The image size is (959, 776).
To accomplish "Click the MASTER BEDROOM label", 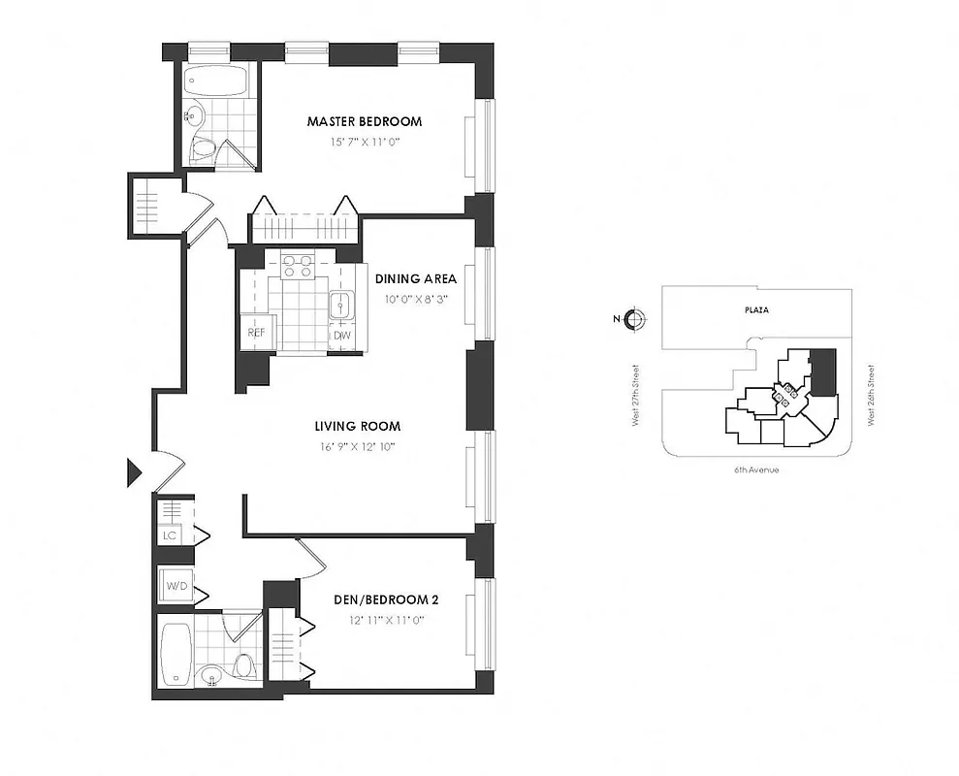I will (365, 122).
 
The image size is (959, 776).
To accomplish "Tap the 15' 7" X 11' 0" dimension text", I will (365, 142).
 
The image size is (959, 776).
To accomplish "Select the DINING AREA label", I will (416, 278).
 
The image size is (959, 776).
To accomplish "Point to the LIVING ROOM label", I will (357, 426).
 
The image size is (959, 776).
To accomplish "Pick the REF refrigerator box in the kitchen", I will (256, 333).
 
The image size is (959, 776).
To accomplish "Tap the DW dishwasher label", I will (341, 336).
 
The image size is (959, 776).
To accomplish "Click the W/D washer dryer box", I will (177, 586).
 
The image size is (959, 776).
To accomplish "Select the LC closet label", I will (170, 535).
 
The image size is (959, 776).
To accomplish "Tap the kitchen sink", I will (341, 306).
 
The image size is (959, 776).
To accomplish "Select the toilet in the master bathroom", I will (205, 148).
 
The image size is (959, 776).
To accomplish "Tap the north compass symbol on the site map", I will (634, 319).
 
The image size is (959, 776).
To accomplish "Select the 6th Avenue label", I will (755, 469).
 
